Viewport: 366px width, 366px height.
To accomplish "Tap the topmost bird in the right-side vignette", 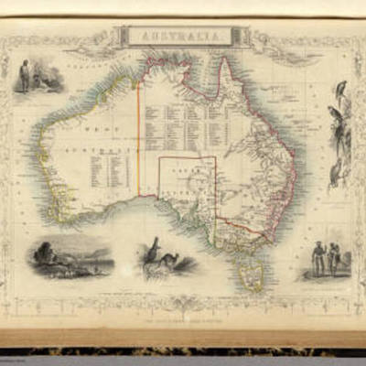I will click(341, 89).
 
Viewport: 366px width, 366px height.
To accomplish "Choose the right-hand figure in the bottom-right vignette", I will click(334, 258).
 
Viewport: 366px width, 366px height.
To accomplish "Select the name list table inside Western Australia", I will click(109, 169).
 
